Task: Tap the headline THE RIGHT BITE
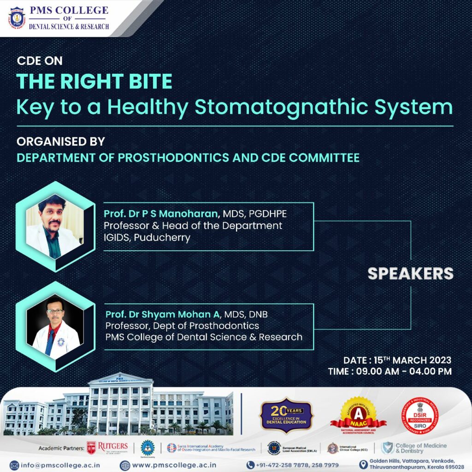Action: tap(94, 82)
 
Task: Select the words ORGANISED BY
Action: tap(61, 141)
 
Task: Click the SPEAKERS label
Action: tap(410, 273)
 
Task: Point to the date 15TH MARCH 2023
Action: tap(413, 360)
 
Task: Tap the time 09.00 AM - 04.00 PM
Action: tap(403, 371)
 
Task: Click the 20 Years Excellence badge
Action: tap(286, 415)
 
